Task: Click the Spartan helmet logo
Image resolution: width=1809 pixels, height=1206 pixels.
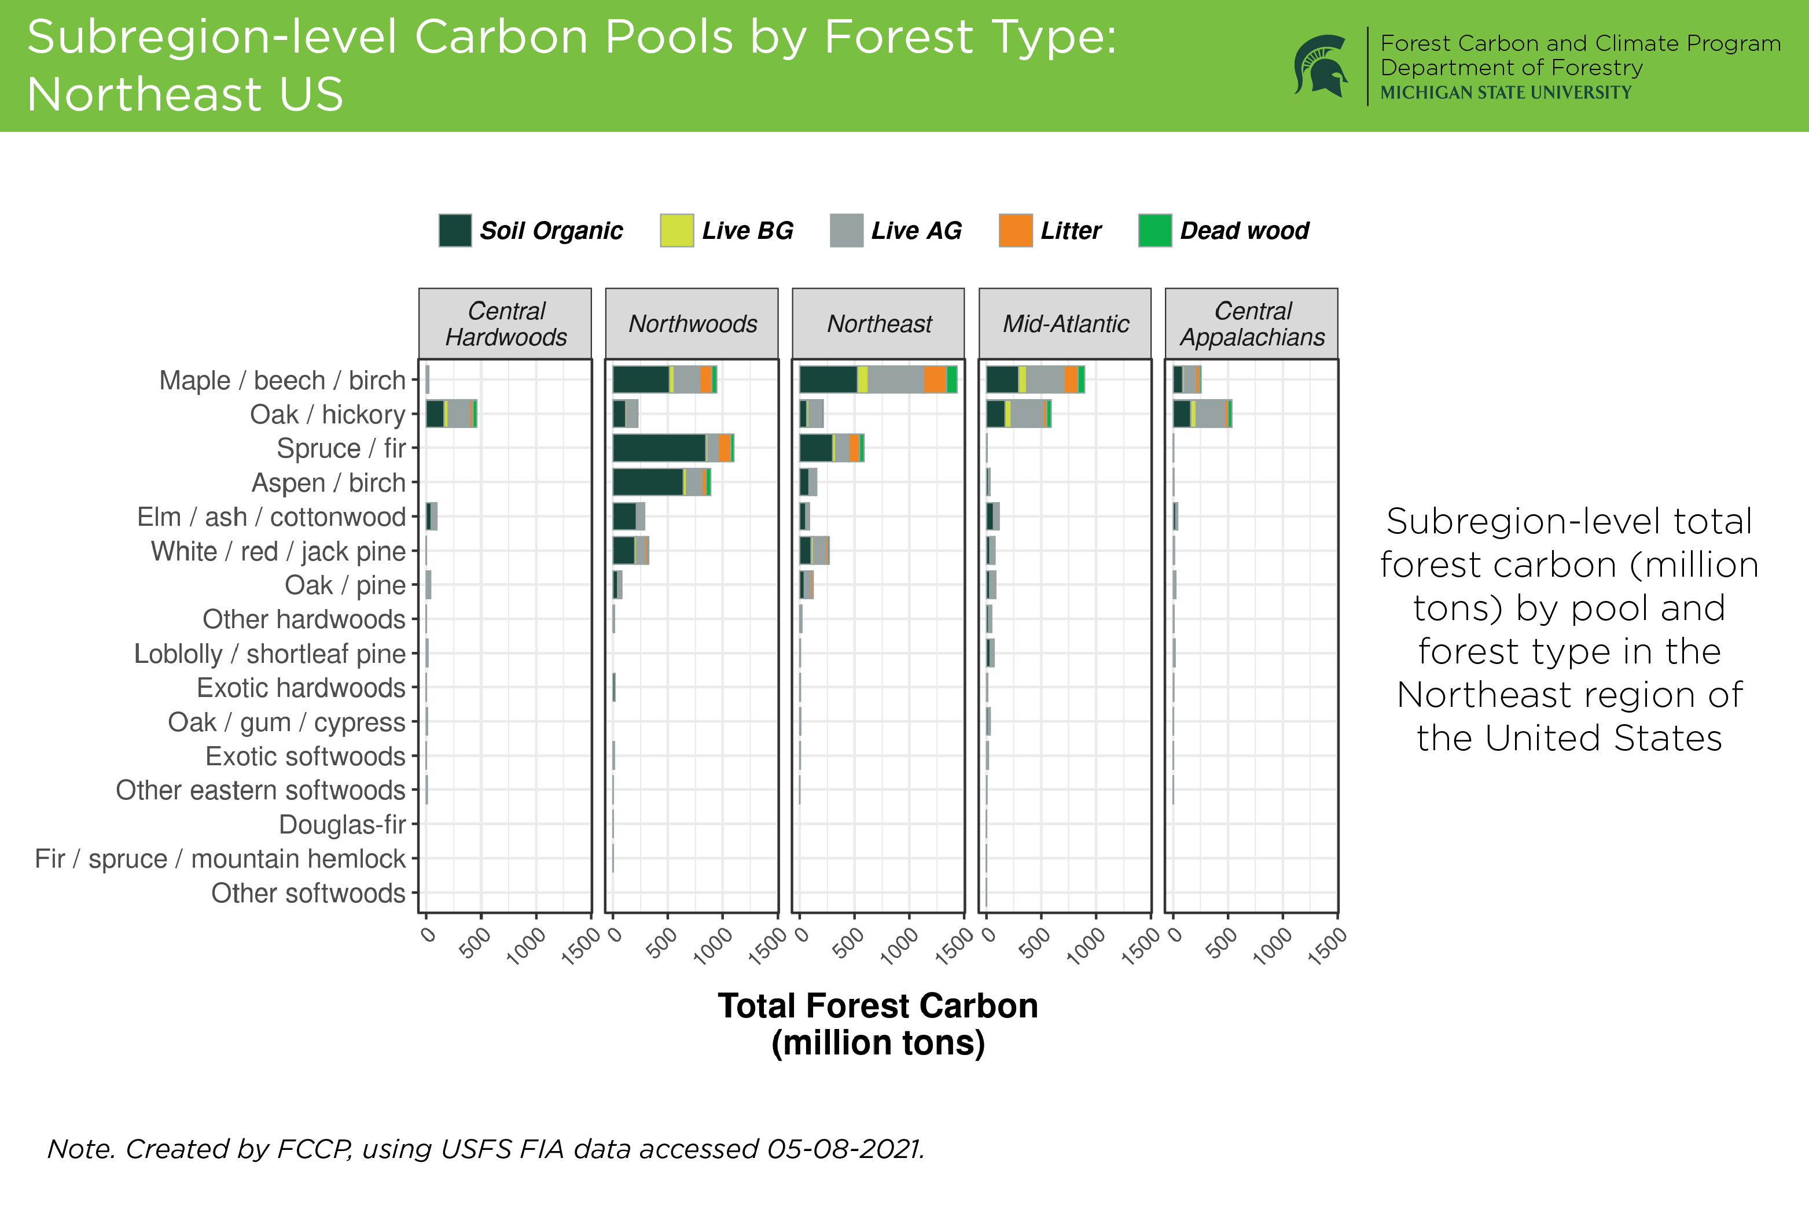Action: coord(1321,66)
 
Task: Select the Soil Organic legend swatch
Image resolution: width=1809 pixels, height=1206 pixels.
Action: coord(455,231)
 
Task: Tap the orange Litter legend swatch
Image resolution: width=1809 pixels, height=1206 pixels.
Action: coord(1015,231)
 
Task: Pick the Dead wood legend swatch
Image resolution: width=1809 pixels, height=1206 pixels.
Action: coord(1154,231)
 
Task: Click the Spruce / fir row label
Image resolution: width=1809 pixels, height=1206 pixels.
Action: coord(341,448)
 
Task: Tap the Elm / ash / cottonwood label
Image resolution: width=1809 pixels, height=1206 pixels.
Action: coord(271,517)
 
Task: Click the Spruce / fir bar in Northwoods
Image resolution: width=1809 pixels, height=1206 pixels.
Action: coord(673,448)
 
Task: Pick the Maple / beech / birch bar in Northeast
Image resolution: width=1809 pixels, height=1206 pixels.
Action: coord(878,380)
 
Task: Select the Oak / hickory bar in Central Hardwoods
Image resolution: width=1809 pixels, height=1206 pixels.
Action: coord(452,414)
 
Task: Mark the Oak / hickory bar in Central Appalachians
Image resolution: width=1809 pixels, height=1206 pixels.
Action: coord(1202,414)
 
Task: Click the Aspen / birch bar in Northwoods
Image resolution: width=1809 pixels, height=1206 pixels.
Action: coord(661,482)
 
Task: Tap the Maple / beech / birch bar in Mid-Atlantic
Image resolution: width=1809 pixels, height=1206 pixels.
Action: coord(1035,380)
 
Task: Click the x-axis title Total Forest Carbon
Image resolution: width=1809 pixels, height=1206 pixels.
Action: coord(878,1005)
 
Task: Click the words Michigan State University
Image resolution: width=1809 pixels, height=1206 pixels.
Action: coord(1505,93)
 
